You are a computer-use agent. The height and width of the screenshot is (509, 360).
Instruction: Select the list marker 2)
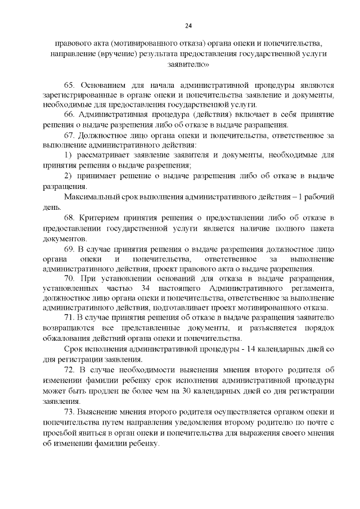[x=68, y=175]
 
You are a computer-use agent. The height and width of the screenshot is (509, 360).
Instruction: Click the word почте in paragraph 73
[x=312, y=422]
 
